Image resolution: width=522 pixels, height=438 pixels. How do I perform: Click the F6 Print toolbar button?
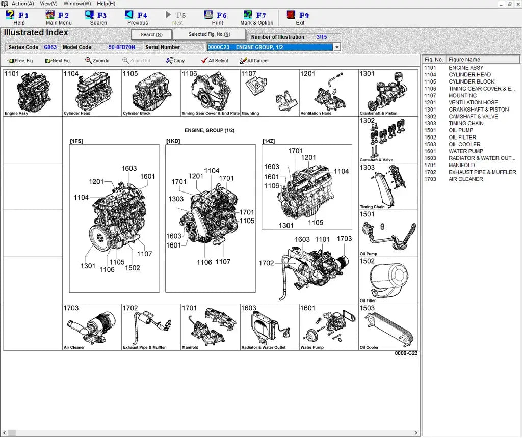(217, 18)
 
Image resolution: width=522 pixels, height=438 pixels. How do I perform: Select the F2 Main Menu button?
(59, 18)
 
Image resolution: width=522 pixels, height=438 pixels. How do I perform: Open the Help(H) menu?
(106, 4)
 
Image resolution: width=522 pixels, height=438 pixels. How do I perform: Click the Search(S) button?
(151, 35)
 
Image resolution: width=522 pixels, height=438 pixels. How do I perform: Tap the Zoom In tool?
(97, 61)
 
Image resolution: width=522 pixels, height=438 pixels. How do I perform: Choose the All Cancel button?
(254, 61)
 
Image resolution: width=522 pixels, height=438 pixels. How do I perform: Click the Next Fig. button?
(58, 61)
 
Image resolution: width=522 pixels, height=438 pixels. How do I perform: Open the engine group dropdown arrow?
(336, 47)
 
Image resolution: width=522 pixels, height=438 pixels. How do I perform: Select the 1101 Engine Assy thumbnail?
(33, 93)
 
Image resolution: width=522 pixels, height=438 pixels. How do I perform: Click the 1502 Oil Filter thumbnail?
(388, 280)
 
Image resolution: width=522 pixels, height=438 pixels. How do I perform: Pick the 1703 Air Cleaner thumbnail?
(92, 327)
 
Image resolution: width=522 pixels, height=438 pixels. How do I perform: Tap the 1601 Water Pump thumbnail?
(328, 327)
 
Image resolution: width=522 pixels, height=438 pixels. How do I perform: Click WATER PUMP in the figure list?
(465, 151)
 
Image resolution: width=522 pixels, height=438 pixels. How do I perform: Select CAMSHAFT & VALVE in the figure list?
(473, 117)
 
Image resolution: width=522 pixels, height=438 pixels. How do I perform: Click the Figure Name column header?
(464, 60)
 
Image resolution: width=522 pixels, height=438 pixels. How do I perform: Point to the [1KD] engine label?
(174, 141)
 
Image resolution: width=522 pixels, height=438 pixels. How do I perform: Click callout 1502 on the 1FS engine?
(132, 268)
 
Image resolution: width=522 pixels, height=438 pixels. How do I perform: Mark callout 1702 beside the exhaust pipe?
(266, 263)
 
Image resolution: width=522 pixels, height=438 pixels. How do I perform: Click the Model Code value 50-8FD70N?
(121, 47)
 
